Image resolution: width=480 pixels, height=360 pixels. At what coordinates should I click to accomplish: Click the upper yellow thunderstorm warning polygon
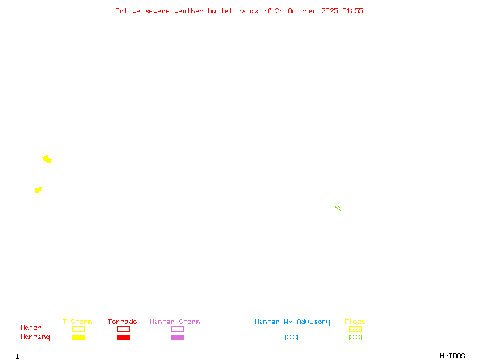[47, 160]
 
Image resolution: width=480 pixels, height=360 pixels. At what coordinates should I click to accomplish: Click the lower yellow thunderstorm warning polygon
[38, 190]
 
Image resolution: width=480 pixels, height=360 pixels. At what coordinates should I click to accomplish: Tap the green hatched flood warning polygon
[338, 208]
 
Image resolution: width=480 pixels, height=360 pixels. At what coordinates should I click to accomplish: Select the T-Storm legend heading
[77, 322]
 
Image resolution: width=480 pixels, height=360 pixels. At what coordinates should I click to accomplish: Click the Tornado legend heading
[122, 322]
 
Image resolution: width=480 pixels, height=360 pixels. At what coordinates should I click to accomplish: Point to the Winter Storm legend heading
[175, 322]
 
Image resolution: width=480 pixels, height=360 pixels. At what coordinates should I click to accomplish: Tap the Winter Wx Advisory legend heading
[292, 322]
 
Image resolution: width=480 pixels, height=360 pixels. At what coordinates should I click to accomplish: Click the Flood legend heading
[355, 322]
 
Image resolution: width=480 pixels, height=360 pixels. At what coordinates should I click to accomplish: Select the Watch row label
[31, 328]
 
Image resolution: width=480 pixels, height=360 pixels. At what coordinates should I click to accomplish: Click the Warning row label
[35, 337]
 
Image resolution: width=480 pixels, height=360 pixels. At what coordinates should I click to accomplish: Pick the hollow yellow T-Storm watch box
[78, 329]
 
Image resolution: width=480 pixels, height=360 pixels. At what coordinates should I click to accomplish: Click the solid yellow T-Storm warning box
[78, 337]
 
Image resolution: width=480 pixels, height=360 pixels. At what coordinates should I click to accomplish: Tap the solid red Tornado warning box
[123, 337]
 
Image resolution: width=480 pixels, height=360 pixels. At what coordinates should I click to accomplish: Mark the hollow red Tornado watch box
[123, 329]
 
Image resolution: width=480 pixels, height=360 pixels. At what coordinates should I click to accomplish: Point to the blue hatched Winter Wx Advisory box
[291, 337]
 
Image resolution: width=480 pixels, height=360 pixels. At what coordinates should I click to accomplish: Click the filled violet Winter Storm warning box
[177, 337]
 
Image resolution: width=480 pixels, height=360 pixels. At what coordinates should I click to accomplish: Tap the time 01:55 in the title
[353, 11]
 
